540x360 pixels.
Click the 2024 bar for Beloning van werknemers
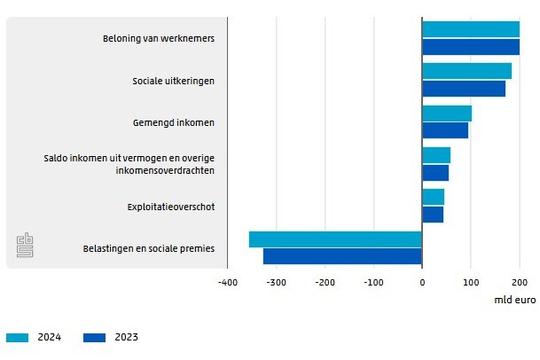coord(470,29)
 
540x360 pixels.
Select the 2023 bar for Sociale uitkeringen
coord(463,89)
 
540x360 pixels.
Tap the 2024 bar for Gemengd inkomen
coord(446,113)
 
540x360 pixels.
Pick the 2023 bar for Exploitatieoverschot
coord(432,215)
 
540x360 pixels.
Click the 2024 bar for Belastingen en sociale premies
coord(335,239)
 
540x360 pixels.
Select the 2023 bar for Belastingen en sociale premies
coord(342,256)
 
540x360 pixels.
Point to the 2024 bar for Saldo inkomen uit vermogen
coord(435,155)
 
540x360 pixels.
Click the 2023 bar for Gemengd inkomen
coord(444,130)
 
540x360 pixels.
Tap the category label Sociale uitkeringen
coord(174,81)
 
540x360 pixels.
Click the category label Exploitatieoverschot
coord(171,207)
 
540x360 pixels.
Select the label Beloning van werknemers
coord(159,39)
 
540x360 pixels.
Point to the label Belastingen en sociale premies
coord(149,249)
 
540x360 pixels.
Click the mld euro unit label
coord(514,301)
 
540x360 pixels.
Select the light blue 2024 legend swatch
coord(17,337)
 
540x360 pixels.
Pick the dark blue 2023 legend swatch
coord(94,337)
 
